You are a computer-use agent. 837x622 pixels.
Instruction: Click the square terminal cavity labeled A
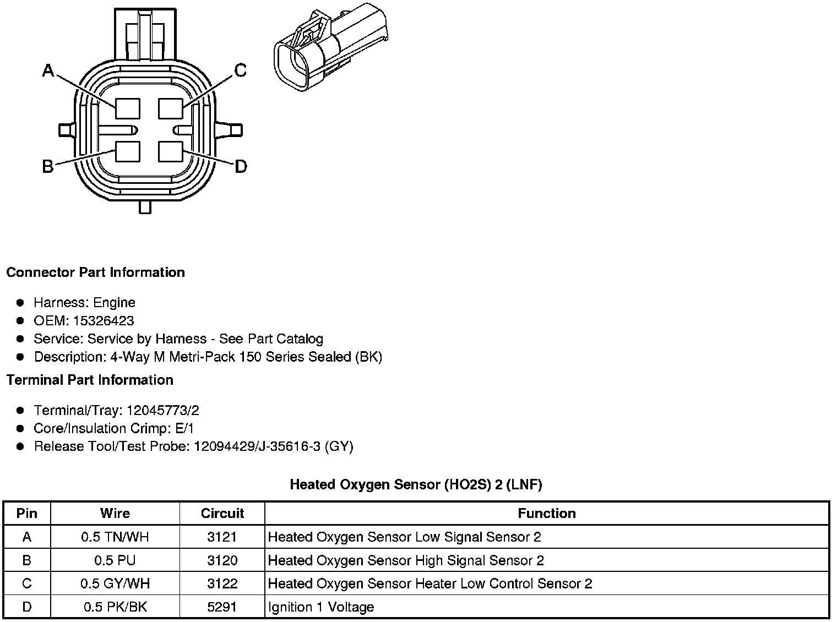click(x=128, y=108)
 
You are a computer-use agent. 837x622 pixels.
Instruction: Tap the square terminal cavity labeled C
click(x=170, y=108)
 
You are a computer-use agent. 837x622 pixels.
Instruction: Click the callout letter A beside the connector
click(x=48, y=70)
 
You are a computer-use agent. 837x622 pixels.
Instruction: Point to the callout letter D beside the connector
click(x=241, y=166)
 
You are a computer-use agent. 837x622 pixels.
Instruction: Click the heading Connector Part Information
click(x=95, y=272)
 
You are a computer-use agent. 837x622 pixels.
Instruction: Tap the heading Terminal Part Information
click(x=90, y=380)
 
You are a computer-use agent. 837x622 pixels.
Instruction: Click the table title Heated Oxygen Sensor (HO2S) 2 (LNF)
click(x=416, y=485)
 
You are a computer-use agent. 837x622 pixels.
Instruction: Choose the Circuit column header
click(x=222, y=514)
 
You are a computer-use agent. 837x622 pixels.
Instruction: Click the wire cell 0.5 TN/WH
click(x=115, y=537)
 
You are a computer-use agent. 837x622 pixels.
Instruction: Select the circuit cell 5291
click(x=222, y=607)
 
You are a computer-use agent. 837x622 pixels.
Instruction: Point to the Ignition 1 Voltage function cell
click(x=321, y=607)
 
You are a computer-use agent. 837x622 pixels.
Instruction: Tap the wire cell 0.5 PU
click(x=115, y=560)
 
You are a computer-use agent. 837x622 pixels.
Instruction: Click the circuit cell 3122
click(x=222, y=583)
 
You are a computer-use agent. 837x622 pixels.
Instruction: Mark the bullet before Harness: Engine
click(x=20, y=303)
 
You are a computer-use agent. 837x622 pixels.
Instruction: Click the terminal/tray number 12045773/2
click(x=162, y=411)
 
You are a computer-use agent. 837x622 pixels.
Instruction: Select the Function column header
click(x=546, y=514)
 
